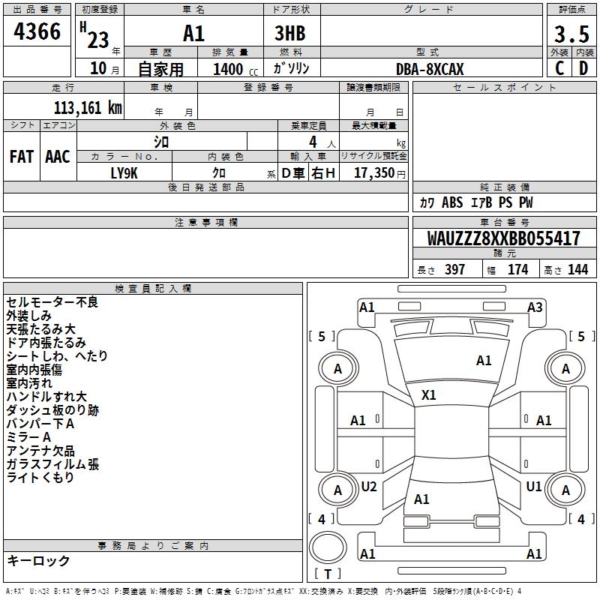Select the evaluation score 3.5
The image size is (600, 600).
(x=571, y=34)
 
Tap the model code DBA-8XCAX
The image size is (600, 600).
(x=430, y=69)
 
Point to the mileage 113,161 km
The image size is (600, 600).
(x=88, y=107)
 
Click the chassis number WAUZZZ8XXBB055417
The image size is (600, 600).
(x=503, y=238)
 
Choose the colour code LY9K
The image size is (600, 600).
(x=124, y=172)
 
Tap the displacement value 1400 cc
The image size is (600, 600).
(x=229, y=69)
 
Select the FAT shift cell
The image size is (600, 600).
(x=22, y=157)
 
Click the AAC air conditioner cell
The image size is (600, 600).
(x=58, y=157)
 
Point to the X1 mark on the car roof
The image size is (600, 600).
(x=429, y=394)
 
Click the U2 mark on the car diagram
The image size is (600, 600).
(x=369, y=486)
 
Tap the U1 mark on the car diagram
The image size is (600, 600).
(x=534, y=486)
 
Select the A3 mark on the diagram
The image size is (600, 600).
(x=535, y=307)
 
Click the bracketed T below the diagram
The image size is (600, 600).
(x=328, y=574)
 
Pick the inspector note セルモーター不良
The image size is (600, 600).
(x=52, y=302)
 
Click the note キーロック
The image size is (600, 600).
(x=38, y=560)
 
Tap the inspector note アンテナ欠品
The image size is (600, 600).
(x=40, y=451)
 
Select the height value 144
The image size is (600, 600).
(x=577, y=270)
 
